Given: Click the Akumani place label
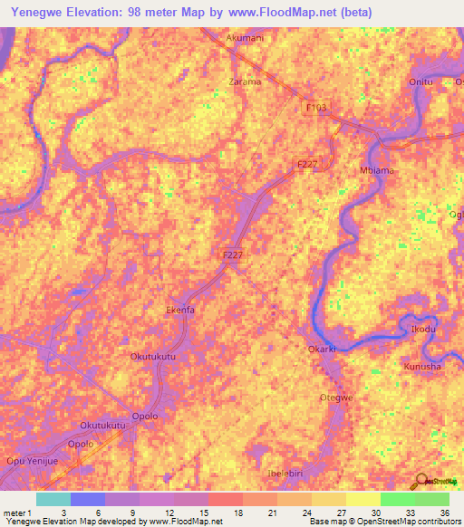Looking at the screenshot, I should pos(245,39).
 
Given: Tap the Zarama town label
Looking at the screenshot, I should pos(245,81).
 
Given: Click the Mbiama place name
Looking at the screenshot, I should pos(376,170).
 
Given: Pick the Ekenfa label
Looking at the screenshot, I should pos(179,310).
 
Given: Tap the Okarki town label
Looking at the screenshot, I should pos(322,348).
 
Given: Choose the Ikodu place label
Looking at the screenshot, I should pos(423,329).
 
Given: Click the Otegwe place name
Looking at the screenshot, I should pos(336,398).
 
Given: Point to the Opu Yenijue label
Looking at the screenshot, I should pos(33,461).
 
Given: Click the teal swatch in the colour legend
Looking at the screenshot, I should pos(53,499).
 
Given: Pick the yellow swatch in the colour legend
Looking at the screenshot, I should pos(362,499).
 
